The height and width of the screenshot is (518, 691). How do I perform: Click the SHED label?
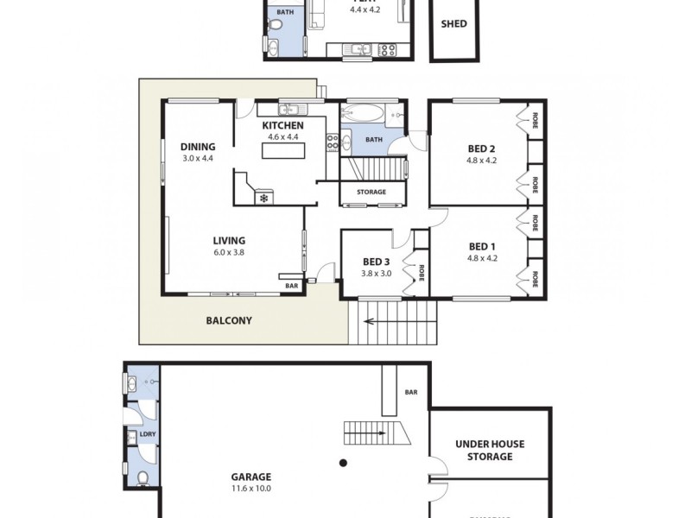click(x=453, y=24)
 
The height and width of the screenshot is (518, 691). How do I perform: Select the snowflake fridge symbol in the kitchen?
click(x=263, y=199)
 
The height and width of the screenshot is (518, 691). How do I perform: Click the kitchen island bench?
click(x=285, y=151)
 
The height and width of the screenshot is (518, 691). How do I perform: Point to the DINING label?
click(x=198, y=147)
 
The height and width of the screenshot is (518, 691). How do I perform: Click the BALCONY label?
click(x=229, y=320)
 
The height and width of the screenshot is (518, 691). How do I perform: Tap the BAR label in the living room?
click(x=292, y=285)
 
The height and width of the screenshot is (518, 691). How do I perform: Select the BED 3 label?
click(x=377, y=262)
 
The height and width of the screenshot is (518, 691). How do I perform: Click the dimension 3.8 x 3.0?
click(x=377, y=274)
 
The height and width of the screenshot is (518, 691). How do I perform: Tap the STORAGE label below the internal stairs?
click(x=371, y=192)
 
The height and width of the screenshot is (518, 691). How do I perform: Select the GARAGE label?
click(x=250, y=477)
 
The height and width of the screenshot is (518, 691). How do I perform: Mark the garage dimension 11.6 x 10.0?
click(x=250, y=489)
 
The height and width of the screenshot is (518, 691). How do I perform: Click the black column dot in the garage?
click(x=343, y=461)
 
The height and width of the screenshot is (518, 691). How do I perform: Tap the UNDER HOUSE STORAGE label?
click(x=490, y=450)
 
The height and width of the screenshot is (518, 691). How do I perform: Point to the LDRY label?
click(x=148, y=434)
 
